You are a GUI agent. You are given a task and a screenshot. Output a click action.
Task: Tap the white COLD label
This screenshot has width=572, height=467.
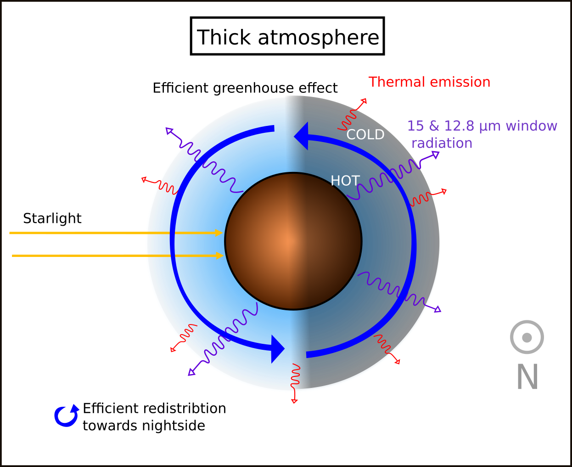click(x=365, y=135)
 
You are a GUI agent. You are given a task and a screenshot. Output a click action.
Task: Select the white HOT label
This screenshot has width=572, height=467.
click(x=345, y=181)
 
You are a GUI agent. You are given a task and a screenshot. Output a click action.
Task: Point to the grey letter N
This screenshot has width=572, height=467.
click(x=527, y=377)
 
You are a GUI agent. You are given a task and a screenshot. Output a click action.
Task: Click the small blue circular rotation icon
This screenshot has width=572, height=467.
click(x=67, y=416)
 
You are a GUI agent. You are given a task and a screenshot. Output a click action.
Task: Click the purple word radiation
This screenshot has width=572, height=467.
click(x=442, y=143)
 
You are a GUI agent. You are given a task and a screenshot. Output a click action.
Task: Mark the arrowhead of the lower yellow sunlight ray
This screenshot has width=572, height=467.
click(x=220, y=256)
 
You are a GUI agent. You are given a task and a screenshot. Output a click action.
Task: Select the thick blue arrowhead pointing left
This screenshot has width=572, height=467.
click(x=301, y=136)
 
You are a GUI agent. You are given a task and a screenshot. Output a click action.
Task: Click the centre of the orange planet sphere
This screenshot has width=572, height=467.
click(x=293, y=241)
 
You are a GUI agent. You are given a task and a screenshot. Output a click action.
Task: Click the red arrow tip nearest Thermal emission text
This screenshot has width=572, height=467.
click(x=364, y=100)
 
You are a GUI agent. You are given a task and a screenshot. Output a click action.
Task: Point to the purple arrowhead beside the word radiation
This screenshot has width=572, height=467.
click(x=435, y=155)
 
